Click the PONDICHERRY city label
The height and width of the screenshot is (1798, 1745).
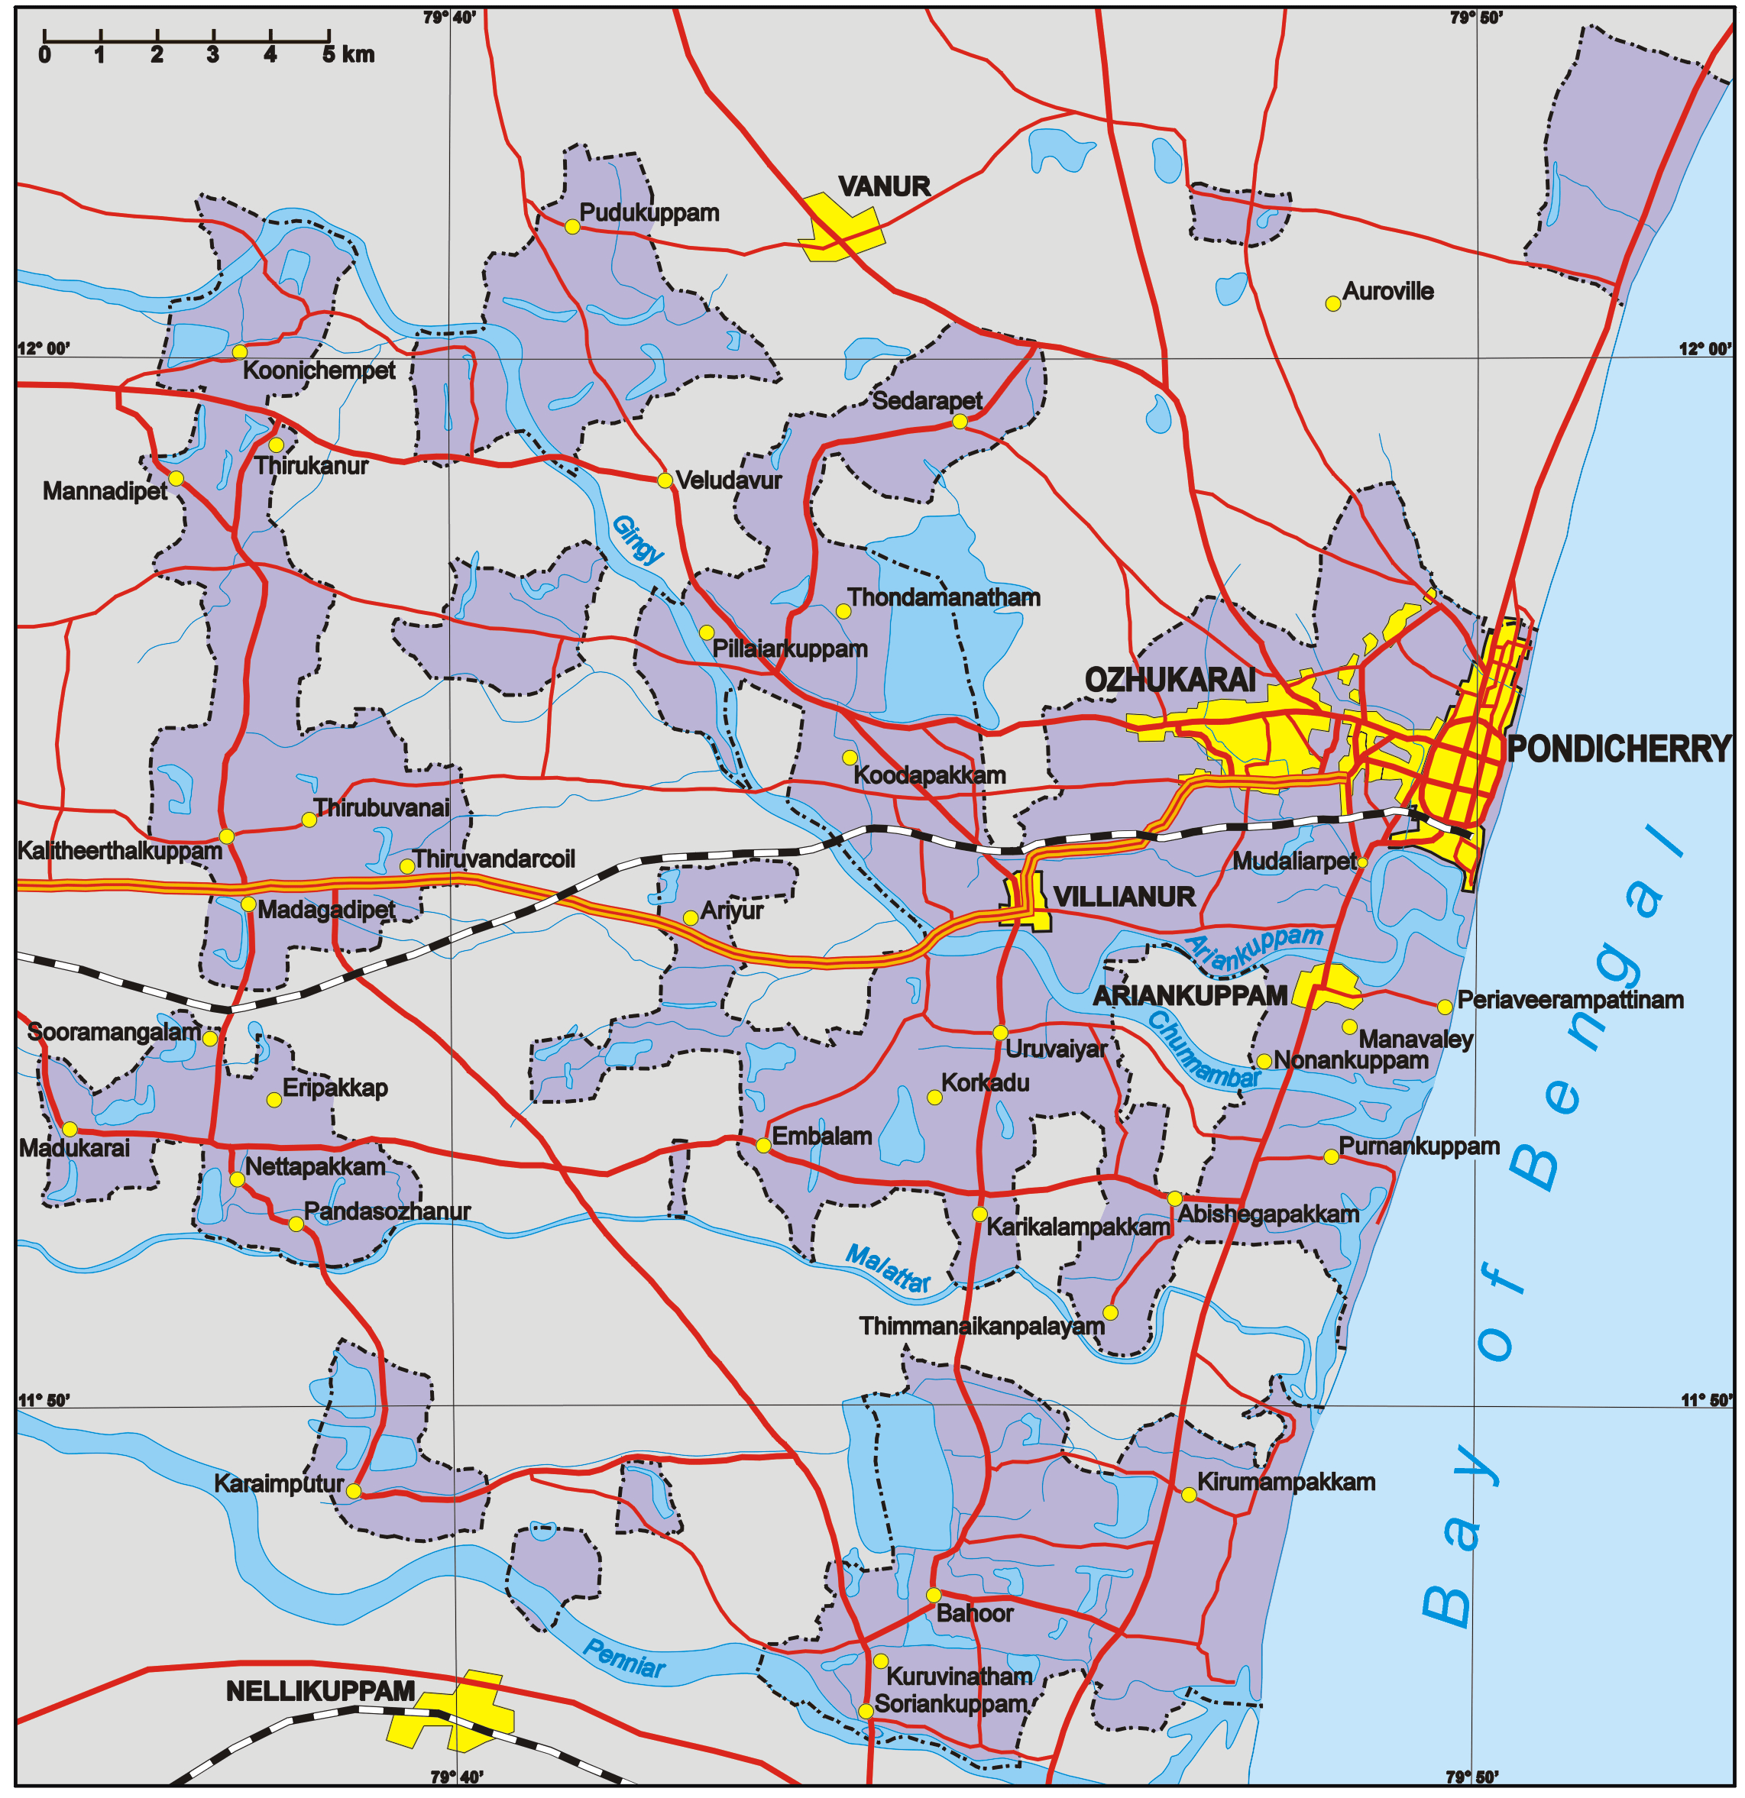pyautogui.click(x=1617, y=749)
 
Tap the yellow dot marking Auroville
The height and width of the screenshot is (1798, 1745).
pyautogui.click(x=1333, y=304)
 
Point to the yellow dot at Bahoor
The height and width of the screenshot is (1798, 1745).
pyautogui.click(x=933, y=1594)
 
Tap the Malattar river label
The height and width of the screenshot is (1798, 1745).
pyautogui.click(x=888, y=1269)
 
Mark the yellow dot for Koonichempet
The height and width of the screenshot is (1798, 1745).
pyautogui.click(x=239, y=351)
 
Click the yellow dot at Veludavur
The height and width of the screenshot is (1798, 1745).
pyautogui.click(x=665, y=480)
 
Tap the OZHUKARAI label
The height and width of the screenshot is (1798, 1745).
pyautogui.click(x=1170, y=680)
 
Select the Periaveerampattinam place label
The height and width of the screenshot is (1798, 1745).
pyautogui.click(x=1571, y=1000)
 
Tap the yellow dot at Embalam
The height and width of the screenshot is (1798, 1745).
pyautogui.click(x=763, y=1145)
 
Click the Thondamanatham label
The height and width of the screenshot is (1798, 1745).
pyautogui.click(x=944, y=598)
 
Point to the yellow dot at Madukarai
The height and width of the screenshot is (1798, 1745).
pyautogui.click(x=70, y=1128)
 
